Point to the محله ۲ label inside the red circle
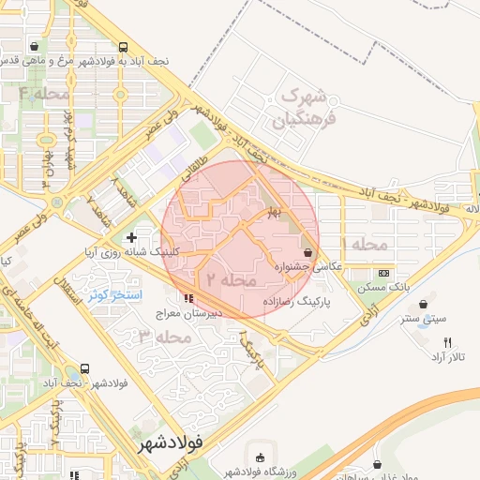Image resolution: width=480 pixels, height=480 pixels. coord(231,279)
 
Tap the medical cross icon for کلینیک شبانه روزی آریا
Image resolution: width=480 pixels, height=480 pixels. coord(131,238)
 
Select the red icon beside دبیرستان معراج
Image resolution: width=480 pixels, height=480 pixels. coord(192,299)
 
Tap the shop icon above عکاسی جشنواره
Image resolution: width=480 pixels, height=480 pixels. coord(308,252)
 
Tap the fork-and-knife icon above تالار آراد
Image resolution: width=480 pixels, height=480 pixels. coord(447,342)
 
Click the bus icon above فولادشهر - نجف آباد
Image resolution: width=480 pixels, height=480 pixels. coord(85,368)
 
